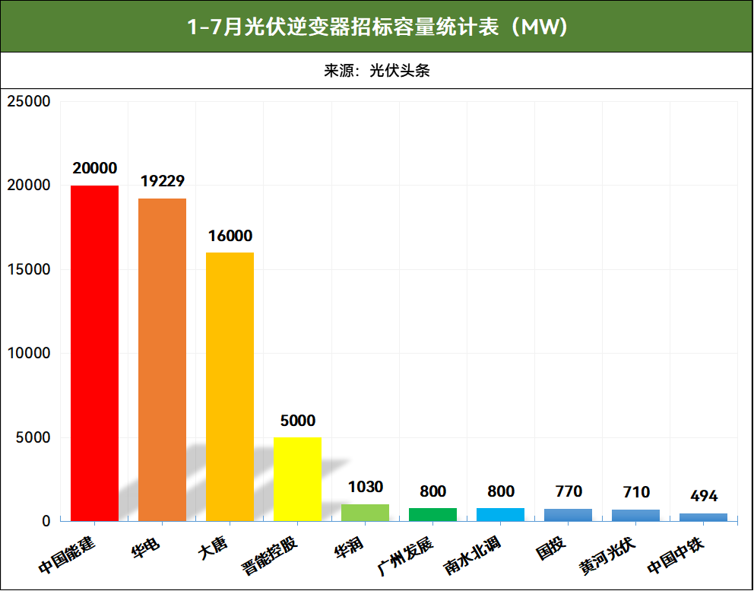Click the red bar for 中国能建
point(94,353)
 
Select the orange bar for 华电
point(162,359)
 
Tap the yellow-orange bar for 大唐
point(230,386)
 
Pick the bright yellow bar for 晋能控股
point(297,479)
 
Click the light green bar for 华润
point(365,513)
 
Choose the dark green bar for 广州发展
point(432,515)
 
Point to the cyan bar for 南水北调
point(500,515)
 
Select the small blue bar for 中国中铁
point(703,517)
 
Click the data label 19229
point(163,181)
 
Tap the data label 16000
point(230,236)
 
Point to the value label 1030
point(365,487)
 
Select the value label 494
point(704,496)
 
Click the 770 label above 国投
point(569,491)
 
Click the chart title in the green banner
point(377,27)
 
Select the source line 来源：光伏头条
point(377,71)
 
